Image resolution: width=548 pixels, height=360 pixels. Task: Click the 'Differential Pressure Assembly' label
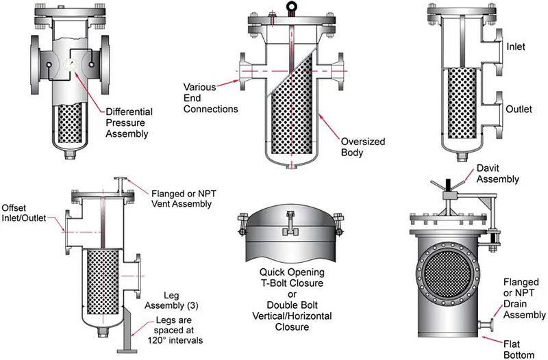click(x=129, y=122)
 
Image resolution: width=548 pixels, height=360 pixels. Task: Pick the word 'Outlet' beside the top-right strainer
click(x=519, y=109)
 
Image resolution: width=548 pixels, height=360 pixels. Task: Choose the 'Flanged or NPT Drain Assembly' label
click(x=521, y=299)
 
